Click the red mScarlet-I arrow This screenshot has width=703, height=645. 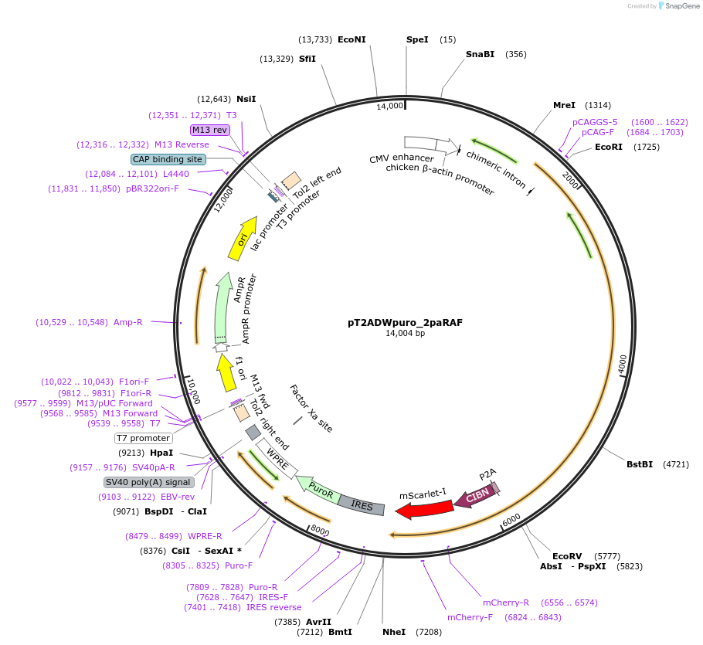[424, 508]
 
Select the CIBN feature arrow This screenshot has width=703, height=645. [474, 497]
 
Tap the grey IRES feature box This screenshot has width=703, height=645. [361, 504]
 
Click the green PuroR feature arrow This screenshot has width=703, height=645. [318, 490]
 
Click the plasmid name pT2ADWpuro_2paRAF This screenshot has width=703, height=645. [405, 323]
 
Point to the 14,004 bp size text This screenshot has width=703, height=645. [405, 334]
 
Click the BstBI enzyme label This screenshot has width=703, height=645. [640, 464]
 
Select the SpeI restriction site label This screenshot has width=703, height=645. [417, 39]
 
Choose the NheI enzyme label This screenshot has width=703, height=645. [394, 632]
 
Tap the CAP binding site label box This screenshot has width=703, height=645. [167, 159]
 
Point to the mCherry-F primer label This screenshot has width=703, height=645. [473, 617]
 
